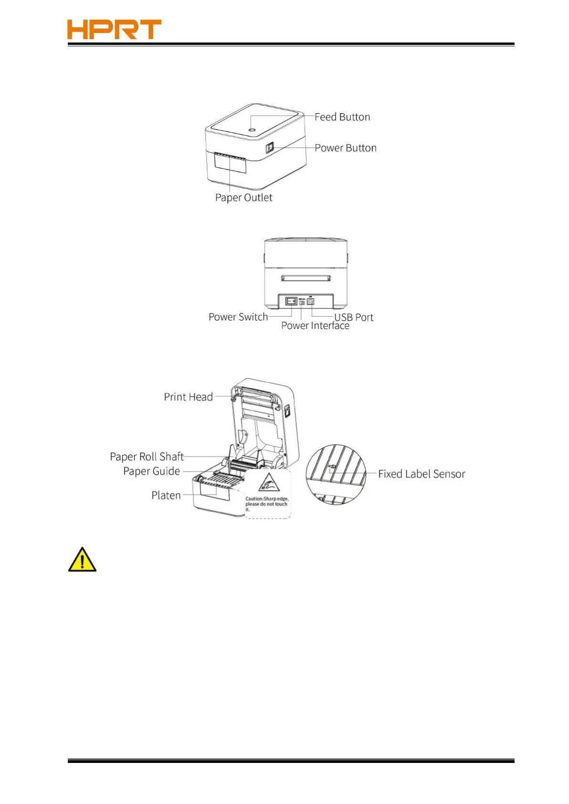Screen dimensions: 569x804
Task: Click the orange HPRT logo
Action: pyautogui.click(x=114, y=30)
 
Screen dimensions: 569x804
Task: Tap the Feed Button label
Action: pyautogui.click(x=342, y=117)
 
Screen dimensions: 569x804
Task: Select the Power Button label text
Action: pyautogui.click(x=345, y=148)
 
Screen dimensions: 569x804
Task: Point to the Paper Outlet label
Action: pyautogui.click(x=244, y=198)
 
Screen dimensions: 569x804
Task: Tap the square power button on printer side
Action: pyautogui.click(x=269, y=148)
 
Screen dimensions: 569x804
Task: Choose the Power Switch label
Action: pyautogui.click(x=238, y=317)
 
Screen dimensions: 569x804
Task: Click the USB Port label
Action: pyautogui.click(x=354, y=317)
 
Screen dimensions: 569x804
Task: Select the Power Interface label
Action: pyautogui.click(x=315, y=326)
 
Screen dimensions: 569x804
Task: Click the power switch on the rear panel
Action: pyautogui.click(x=291, y=301)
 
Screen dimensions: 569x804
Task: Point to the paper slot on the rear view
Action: pyautogui.click(x=306, y=278)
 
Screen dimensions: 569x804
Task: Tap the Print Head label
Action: pyautogui.click(x=188, y=397)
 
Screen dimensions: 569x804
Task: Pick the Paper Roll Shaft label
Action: pyautogui.click(x=147, y=457)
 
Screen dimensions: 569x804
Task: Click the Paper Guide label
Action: pyautogui.click(x=151, y=472)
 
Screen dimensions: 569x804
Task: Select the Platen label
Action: pyautogui.click(x=166, y=496)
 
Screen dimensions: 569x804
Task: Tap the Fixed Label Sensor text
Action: pyautogui.click(x=421, y=474)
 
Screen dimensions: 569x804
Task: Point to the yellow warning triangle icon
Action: pyautogui.click(x=82, y=560)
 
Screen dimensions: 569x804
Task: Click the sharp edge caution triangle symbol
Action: pyautogui.click(x=268, y=483)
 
